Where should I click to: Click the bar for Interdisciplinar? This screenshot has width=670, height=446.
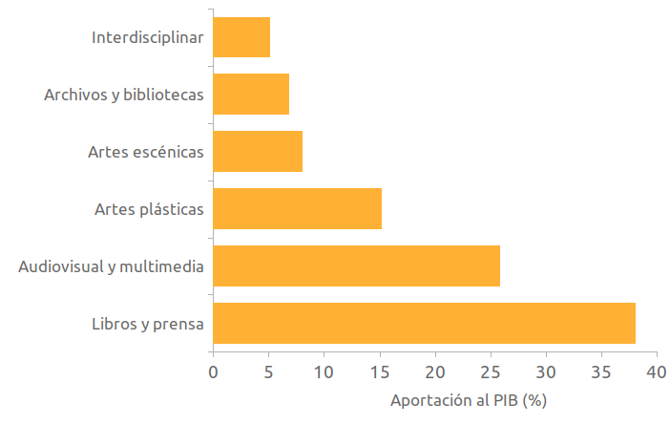[x=241, y=37]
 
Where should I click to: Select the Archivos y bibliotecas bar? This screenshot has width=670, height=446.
[x=251, y=95]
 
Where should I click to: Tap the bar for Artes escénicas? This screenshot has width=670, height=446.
[x=258, y=151]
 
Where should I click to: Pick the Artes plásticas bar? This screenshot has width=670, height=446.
[x=297, y=208]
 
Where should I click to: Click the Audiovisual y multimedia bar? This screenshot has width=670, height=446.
[x=356, y=265]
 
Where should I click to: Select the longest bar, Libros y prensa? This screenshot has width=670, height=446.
[x=424, y=323]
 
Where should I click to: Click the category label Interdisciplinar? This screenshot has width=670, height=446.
[x=148, y=38]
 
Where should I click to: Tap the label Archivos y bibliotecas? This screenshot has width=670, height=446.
[x=124, y=96]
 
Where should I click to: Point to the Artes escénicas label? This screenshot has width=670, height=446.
[x=146, y=152]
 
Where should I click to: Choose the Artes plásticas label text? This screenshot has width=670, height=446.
[x=149, y=209]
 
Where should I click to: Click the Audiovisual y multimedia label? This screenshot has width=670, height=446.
[x=111, y=266]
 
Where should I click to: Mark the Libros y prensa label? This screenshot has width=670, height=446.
[x=148, y=324]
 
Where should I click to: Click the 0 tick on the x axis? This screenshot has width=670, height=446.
[x=213, y=371]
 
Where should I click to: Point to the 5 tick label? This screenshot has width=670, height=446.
[x=268, y=371]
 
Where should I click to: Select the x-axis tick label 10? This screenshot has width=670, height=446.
[x=324, y=371]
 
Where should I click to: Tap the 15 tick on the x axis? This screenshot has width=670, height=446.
[x=380, y=371]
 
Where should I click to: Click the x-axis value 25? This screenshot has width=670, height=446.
[x=491, y=371]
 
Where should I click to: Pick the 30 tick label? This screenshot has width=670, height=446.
[x=546, y=371]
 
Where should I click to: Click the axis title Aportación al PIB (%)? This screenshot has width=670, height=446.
[x=468, y=400]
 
